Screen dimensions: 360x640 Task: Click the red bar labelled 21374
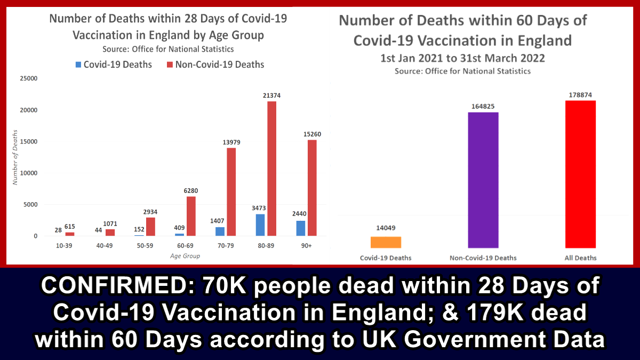pyautogui.click(x=271, y=168)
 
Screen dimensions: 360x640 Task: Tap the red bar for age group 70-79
pyautogui.click(x=231, y=191)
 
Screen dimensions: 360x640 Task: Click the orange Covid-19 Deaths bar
pyautogui.click(x=386, y=242)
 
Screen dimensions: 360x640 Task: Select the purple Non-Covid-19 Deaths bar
pyautogui.click(x=483, y=180)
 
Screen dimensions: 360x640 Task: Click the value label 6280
pyautogui.click(x=190, y=190)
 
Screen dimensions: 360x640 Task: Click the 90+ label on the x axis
pyautogui.click(x=306, y=246)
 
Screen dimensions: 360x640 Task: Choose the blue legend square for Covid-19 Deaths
pyautogui.click(x=78, y=65)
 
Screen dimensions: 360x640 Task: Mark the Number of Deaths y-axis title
pyautogui.click(x=15, y=157)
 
